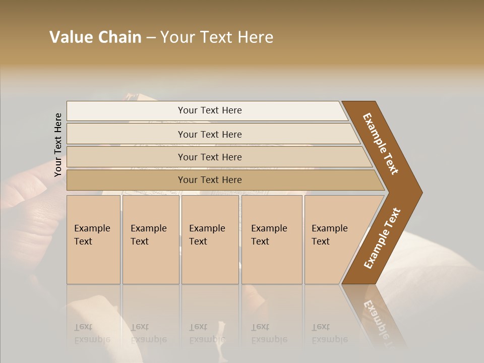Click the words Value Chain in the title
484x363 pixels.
coord(95,37)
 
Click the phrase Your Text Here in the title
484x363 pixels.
coord(217,37)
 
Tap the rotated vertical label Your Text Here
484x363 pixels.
coord(58,145)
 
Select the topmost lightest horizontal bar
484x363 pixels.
coord(126,111)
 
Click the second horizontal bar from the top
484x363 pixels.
coord(126,134)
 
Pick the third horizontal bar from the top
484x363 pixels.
coord(126,157)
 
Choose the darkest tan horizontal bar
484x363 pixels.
coord(126,180)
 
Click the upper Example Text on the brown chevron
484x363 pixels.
coord(381,144)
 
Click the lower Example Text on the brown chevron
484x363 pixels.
coord(382,238)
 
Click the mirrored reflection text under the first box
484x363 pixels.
coord(92,333)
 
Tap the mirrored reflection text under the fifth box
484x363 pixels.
coord(329,333)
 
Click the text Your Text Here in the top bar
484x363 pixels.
coord(210,110)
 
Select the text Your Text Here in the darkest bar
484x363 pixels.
coord(210,180)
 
